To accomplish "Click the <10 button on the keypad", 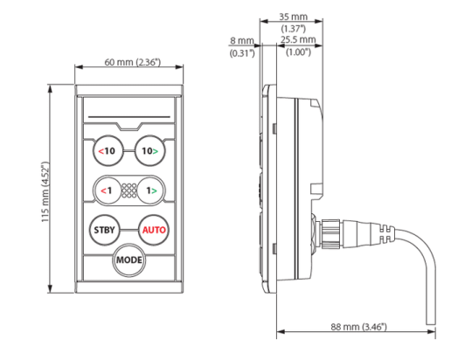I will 108,151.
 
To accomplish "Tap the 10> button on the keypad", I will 150,151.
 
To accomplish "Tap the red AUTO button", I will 152,231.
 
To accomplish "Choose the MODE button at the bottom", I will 129,260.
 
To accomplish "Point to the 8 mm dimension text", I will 240,40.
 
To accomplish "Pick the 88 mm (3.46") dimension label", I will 354,326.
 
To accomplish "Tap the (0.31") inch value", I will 240,53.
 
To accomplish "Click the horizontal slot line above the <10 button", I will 129,117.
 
